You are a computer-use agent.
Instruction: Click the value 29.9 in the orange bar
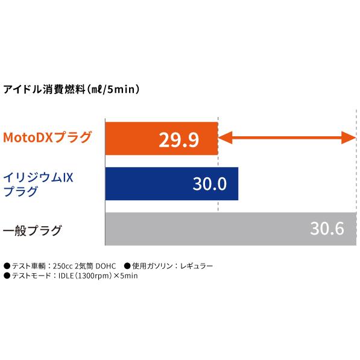pos(179,139)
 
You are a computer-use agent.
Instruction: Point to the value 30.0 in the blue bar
pos(209,184)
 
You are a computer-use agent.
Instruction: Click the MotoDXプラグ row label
pos(48,138)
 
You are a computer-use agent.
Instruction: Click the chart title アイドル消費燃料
pos(42,90)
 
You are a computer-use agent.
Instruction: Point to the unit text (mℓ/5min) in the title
pos(113,90)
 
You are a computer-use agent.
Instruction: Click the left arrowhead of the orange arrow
pos(221,138)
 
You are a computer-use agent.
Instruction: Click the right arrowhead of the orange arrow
pos(352,138)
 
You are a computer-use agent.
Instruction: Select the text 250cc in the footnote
pos(63,265)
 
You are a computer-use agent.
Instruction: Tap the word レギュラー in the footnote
pos(197,265)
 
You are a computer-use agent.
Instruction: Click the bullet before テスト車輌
pos(7,265)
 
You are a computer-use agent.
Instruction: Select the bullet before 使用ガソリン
pos(128,265)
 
